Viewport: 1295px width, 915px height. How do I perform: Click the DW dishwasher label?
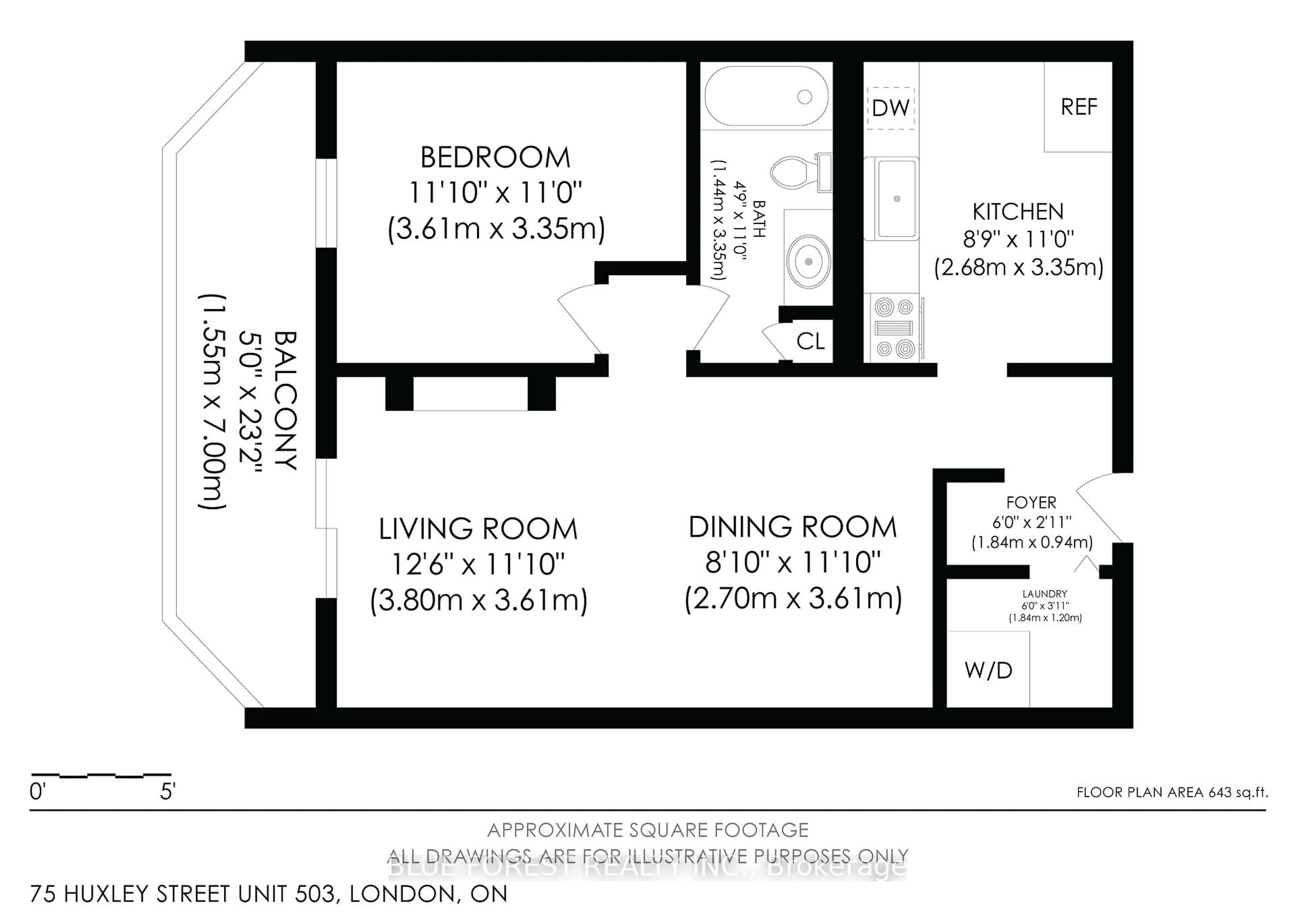point(891,108)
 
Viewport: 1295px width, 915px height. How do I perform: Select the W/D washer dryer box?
point(988,670)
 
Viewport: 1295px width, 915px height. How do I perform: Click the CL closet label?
point(810,341)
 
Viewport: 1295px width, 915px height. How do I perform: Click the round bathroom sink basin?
point(808,262)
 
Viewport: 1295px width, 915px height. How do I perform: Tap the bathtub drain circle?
point(804,97)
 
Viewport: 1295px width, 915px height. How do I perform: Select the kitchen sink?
point(896,199)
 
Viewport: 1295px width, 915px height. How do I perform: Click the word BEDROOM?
point(495,157)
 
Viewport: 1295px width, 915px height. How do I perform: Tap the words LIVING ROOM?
point(478,529)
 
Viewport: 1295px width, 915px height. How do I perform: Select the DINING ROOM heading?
point(792,527)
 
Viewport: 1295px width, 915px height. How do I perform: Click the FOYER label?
point(1031,502)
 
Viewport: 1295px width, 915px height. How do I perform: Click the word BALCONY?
point(285,400)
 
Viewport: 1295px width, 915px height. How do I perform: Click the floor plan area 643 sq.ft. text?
point(1172,792)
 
